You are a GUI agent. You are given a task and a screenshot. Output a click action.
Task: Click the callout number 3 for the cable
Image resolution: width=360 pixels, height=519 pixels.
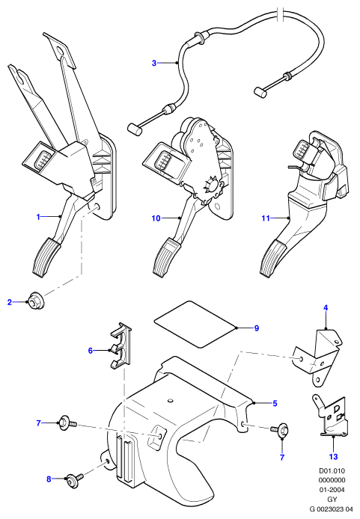coord(153,63)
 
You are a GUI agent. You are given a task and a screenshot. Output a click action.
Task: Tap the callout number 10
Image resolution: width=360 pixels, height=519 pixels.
coord(156,218)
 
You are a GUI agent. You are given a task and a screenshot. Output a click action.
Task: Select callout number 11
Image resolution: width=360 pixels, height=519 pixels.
coord(266,218)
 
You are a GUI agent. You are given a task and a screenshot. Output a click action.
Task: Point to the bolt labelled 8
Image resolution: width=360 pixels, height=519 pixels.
coord(75,480)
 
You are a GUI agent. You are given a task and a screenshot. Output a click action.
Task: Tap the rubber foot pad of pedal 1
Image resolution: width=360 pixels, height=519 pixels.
coord(46,257)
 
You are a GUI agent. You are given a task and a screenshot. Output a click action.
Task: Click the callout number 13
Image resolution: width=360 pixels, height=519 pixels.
coord(334,457)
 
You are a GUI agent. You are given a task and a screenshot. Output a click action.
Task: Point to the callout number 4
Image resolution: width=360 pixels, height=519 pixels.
coord(326,308)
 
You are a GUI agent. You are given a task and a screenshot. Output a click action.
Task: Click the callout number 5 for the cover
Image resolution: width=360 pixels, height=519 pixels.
coord(275,404)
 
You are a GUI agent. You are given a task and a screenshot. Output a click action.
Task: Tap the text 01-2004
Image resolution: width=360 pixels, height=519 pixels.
coord(332,490)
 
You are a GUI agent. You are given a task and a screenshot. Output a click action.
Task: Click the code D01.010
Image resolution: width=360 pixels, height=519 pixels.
coord(332,470)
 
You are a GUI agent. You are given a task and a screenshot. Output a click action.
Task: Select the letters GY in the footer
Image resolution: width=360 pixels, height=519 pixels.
coord(332,499)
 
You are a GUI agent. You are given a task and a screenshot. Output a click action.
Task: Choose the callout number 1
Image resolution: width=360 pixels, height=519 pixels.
coord(38,217)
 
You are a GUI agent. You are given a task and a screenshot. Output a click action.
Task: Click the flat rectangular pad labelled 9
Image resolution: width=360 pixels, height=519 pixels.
coord(196,324)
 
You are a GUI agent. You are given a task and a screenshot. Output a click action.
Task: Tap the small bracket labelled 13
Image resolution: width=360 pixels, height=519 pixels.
coord(330,417)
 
